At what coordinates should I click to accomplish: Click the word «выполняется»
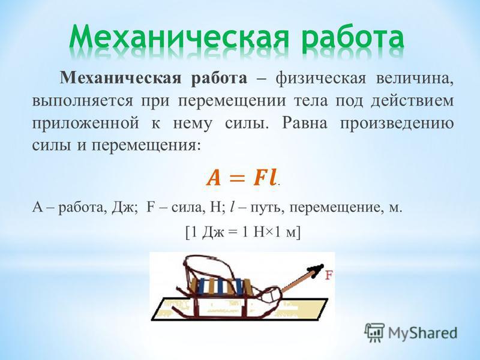click(83, 101)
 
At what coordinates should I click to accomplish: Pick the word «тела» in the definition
click(310, 101)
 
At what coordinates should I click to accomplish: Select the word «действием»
click(412, 101)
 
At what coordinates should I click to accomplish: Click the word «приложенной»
click(85, 124)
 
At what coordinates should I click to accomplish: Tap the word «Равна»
click(305, 123)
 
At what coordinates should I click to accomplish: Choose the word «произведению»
click(397, 124)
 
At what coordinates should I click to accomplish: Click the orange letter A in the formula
click(214, 178)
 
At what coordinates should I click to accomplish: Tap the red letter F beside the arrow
click(328, 275)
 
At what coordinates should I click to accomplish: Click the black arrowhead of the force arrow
click(316, 271)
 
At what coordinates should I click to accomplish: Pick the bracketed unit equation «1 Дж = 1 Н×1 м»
click(244, 232)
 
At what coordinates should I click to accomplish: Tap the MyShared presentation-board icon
click(374, 332)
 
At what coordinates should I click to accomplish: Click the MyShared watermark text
click(423, 333)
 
